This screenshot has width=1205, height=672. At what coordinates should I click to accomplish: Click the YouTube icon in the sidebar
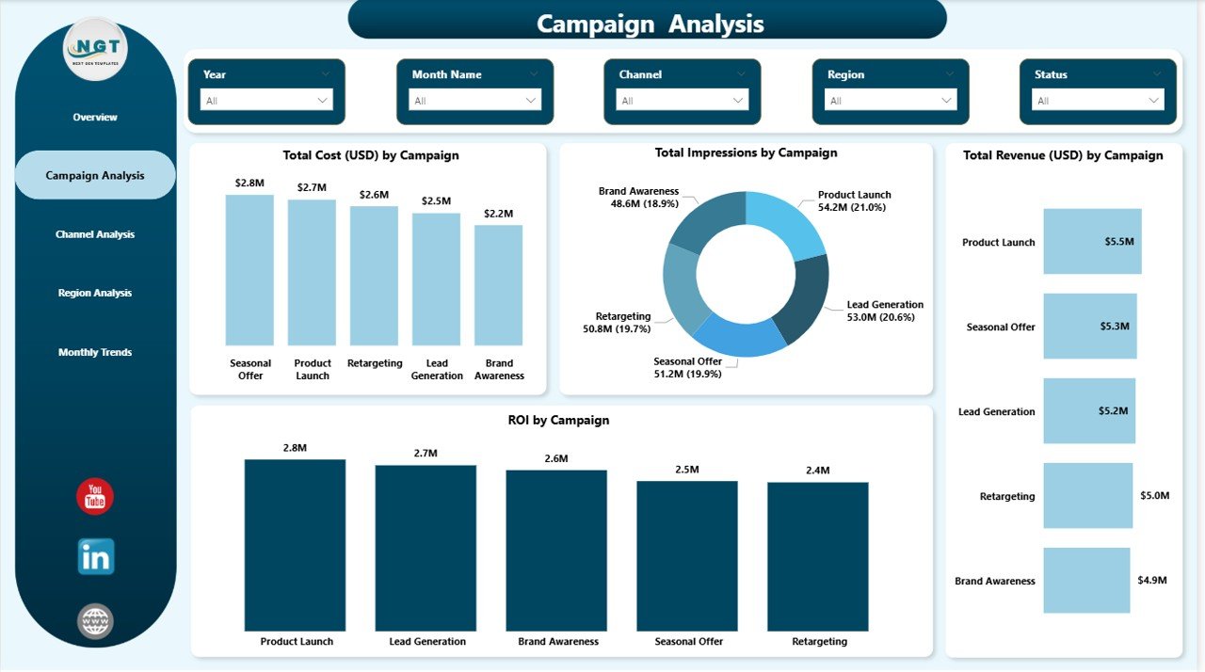pos(95,496)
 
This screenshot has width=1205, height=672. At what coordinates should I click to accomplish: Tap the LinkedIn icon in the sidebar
pos(95,556)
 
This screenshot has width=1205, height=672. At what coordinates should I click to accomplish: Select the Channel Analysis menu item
pos(95,234)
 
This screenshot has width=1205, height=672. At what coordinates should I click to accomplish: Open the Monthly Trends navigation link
pos(95,352)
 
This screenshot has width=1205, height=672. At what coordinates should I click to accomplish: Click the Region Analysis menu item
pos(95,293)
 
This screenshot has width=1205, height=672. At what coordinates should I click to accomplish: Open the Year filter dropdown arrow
pos(323,100)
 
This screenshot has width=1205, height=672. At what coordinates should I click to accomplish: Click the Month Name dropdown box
pos(474,100)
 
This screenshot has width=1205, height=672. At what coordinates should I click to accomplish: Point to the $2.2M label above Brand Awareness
pos(499,214)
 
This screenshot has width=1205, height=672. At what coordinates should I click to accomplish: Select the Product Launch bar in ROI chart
pos(295,545)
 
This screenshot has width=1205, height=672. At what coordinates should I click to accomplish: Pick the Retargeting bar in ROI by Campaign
pos(818,556)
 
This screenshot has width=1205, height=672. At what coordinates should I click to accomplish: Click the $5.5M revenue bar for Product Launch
pos(1092,242)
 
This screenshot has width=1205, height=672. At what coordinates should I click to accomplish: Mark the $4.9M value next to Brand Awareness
pos(1152,581)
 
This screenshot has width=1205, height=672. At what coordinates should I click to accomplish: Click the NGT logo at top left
pos(94,49)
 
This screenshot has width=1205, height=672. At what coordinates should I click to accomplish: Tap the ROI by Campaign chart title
pos(558,421)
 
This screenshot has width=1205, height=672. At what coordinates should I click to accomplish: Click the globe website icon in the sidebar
pos(95,621)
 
